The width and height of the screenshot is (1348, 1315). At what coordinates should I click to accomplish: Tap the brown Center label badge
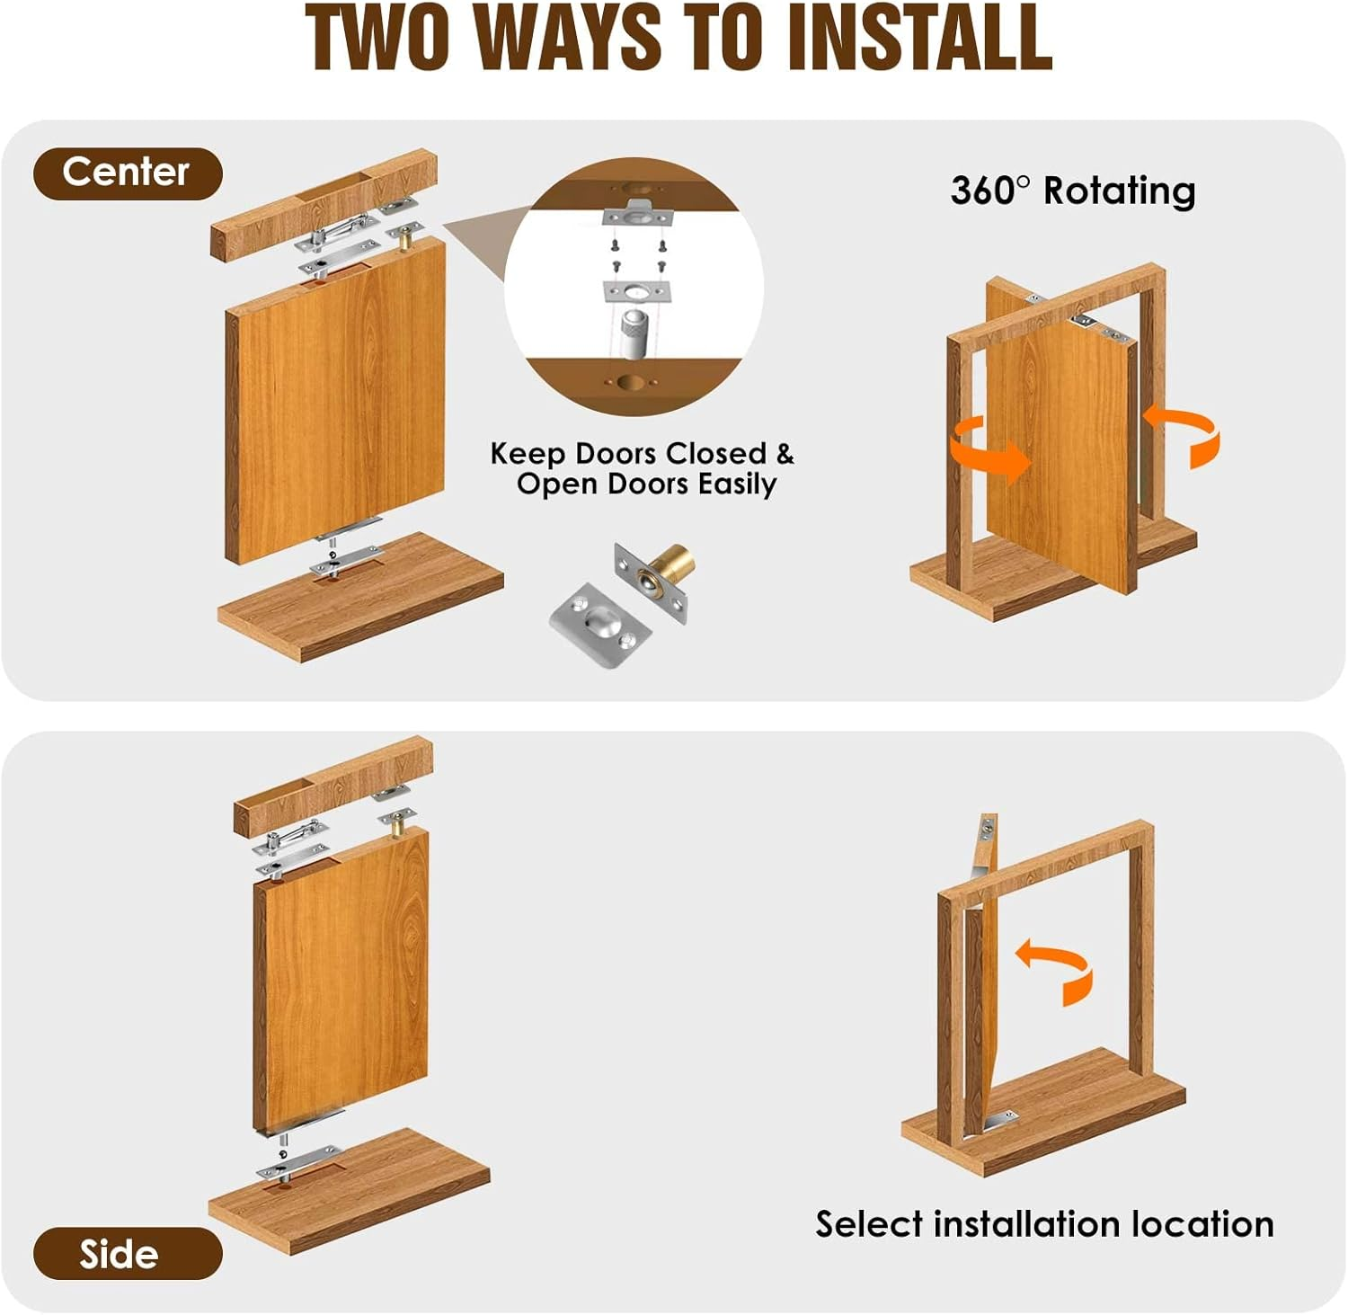127,173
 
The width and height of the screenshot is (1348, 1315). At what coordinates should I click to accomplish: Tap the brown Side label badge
127,1253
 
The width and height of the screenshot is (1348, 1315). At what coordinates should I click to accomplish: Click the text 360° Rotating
1073,191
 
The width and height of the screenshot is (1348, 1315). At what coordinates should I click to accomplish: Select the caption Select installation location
1044,1224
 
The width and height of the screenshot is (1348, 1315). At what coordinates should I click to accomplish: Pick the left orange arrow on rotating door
991,449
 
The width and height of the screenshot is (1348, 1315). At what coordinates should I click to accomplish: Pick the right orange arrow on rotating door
1184,433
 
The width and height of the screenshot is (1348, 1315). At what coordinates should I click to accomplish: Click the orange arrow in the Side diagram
1057,969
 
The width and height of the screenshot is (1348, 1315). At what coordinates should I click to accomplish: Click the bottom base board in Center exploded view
359,602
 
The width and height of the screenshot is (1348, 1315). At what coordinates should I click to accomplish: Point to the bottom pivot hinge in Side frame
1000,1120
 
